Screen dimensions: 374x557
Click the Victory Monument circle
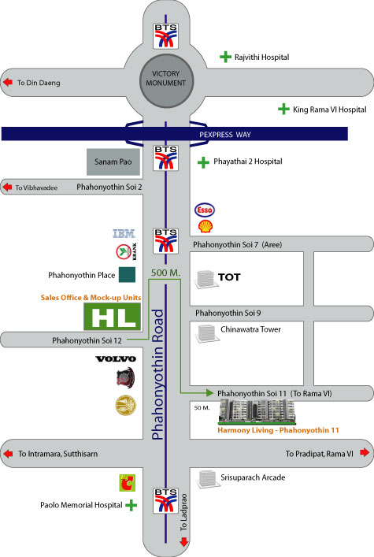click(166, 81)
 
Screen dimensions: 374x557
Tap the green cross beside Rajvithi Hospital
click(225, 57)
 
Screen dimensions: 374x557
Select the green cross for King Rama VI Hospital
click(283, 109)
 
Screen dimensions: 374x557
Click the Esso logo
click(205, 210)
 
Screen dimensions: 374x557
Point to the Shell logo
click(206, 226)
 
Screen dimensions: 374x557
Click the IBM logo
click(124, 234)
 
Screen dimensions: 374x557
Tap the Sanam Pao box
click(113, 162)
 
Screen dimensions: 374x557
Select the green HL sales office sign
click(113, 317)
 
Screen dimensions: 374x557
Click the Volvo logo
click(116, 358)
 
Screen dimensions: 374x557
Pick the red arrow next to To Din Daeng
click(8, 82)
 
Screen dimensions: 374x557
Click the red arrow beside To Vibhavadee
click(7, 187)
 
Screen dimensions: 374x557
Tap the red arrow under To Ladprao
click(183, 542)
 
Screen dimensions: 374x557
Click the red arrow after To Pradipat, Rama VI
click(365, 452)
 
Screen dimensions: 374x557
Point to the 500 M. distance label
click(165, 273)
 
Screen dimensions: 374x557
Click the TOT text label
click(229, 277)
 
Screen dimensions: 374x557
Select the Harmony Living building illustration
click(257, 412)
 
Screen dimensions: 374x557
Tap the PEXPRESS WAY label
click(225, 135)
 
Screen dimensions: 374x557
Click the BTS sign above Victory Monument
click(165, 36)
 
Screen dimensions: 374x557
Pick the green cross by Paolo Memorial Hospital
click(131, 505)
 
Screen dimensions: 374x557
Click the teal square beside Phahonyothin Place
click(127, 275)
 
